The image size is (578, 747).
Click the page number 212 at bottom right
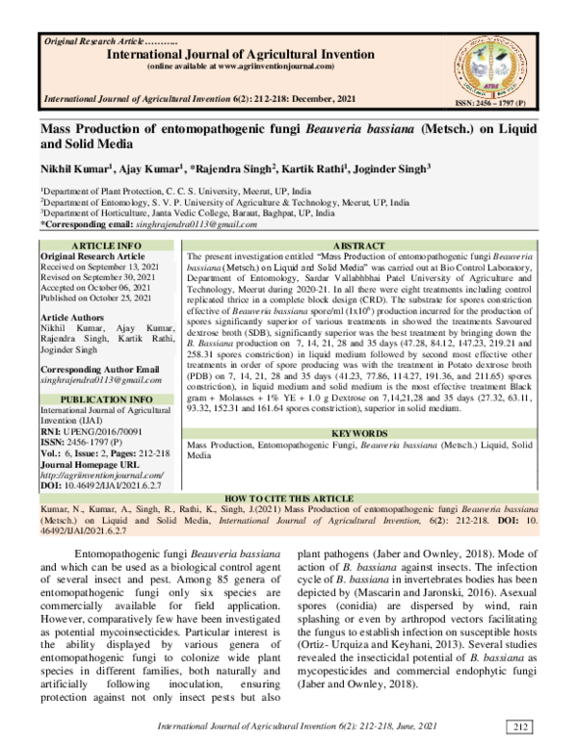point(520,726)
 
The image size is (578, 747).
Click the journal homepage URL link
point(101,475)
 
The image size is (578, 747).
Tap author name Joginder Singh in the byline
point(408,169)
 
